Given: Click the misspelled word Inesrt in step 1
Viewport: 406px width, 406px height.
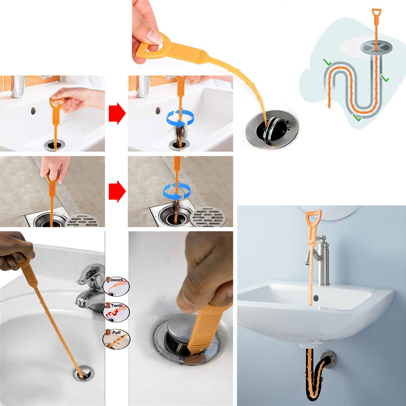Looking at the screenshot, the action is tap(116, 280).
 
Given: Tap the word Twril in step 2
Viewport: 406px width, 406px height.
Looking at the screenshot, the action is tap(116, 305).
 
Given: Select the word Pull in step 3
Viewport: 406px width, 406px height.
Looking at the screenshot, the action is tap(116, 332).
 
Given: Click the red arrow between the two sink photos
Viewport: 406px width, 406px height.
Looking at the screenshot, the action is tap(117, 113).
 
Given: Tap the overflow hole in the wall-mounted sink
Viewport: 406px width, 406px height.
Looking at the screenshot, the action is tap(316, 298).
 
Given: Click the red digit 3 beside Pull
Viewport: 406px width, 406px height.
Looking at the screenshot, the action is tap(108, 332).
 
